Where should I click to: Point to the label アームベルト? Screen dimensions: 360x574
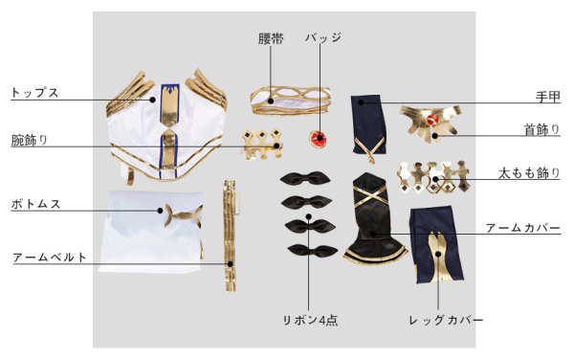(50, 258)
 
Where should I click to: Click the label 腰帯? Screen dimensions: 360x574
(272, 39)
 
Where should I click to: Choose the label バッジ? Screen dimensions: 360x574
(322, 39)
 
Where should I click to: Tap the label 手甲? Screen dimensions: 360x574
(547, 97)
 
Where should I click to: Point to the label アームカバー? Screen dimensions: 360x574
(522, 228)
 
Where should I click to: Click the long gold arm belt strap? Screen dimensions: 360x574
(230, 235)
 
